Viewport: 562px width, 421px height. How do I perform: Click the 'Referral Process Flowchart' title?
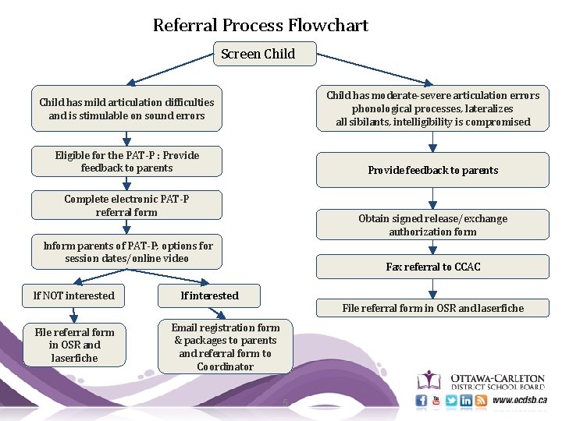[260, 25]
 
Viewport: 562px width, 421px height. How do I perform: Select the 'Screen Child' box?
[265, 54]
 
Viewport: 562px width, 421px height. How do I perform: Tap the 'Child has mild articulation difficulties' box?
[126, 109]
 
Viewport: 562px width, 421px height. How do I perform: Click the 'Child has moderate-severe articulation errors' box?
[432, 108]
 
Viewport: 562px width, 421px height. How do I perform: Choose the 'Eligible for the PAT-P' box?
[126, 161]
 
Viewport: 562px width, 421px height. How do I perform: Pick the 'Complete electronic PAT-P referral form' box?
[126, 205]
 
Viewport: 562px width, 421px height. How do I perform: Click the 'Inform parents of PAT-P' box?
[126, 252]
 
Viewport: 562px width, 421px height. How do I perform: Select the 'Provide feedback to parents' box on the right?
[432, 170]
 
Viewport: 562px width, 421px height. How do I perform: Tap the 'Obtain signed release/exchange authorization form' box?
[432, 225]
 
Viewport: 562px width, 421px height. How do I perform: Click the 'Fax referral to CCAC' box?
[432, 267]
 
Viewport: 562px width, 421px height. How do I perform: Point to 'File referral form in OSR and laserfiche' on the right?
[432, 308]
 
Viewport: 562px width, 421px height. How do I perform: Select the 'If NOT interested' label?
[74, 295]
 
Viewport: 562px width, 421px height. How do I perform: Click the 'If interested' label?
[209, 295]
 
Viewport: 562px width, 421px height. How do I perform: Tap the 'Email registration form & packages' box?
[225, 347]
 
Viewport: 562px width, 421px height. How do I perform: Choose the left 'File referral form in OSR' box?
[74, 345]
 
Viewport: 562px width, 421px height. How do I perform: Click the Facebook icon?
[421, 401]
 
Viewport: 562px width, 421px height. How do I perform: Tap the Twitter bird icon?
[451, 401]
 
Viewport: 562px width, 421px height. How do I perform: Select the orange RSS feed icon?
[481, 401]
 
